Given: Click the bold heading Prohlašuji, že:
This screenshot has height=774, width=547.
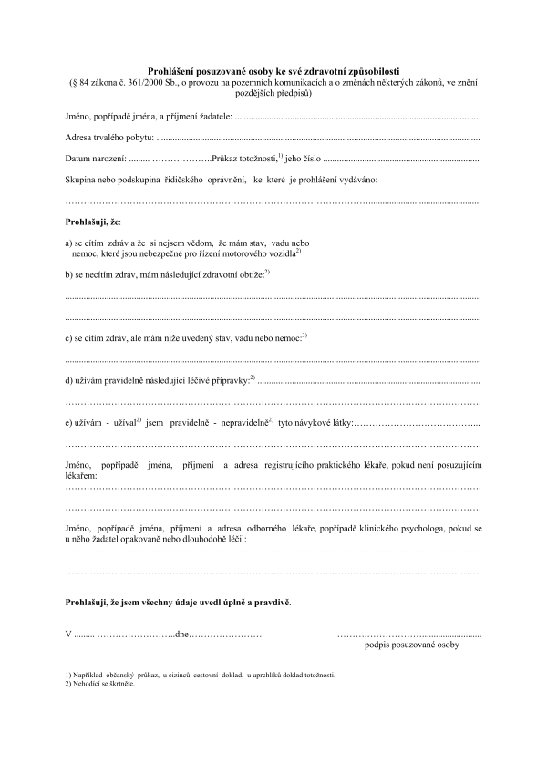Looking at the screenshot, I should pos(94,222).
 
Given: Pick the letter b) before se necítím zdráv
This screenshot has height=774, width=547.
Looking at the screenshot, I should pos(70,274).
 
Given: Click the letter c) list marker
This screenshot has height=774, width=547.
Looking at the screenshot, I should pos(70,338).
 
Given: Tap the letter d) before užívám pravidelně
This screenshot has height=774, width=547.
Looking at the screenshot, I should pos(70,379).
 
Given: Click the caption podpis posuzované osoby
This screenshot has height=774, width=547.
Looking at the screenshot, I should pos(411,645).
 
